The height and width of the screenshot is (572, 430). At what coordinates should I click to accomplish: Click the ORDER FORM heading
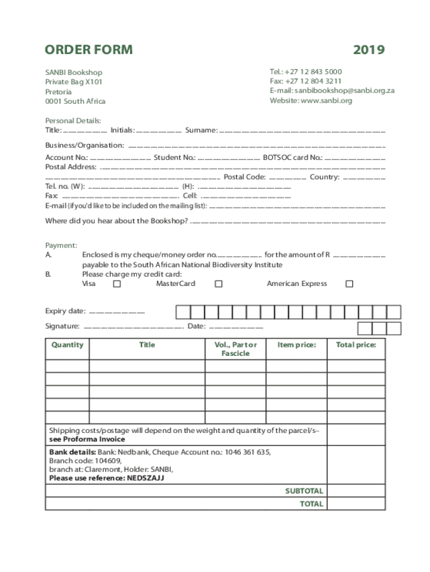point(89,50)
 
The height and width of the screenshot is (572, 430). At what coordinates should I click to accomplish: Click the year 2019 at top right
point(369,50)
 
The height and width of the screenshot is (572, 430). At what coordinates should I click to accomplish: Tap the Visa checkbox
point(117,284)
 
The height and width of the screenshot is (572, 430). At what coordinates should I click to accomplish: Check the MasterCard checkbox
point(219,284)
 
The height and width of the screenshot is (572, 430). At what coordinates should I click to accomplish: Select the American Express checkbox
point(349,284)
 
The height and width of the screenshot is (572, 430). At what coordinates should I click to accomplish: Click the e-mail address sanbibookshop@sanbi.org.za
point(345,90)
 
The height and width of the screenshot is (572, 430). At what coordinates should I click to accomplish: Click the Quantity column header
point(67,345)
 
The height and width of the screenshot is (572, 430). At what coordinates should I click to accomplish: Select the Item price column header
point(297,345)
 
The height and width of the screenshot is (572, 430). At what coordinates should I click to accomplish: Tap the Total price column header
point(356,345)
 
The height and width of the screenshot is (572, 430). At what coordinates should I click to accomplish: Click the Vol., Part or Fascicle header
point(236,349)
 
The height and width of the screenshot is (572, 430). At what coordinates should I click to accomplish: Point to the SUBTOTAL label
point(304,491)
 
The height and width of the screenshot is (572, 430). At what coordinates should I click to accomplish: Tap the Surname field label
point(201,130)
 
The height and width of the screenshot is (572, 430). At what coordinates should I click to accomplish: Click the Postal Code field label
point(245,177)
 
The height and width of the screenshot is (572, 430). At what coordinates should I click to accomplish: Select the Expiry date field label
point(65,311)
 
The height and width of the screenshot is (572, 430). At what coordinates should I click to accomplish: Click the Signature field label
point(62,326)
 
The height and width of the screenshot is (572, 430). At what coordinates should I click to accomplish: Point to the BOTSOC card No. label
point(292,158)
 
